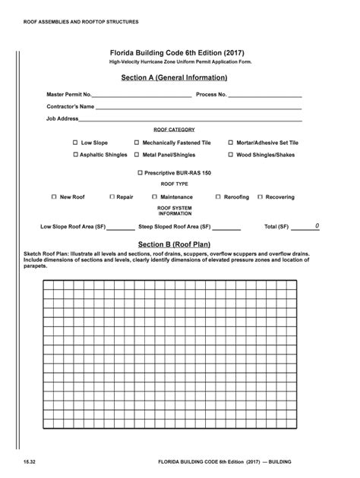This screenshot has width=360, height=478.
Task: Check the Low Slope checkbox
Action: point(75,143)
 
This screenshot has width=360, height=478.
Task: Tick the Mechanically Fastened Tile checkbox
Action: point(137,143)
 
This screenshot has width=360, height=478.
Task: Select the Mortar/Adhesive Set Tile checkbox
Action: point(230,143)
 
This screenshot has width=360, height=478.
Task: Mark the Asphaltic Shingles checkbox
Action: point(75,155)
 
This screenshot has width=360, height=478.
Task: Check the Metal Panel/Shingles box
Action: point(137,155)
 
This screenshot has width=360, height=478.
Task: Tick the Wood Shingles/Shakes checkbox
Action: point(230,155)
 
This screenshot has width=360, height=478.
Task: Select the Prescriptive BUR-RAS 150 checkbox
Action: point(140,173)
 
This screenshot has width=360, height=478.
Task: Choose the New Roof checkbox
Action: point(54,197)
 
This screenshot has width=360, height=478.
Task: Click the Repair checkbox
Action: point(111,197)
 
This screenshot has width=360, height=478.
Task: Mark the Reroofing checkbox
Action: point(218,197)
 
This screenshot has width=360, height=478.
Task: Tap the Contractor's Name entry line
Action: point(197,108)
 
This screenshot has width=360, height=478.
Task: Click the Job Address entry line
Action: point(190,120)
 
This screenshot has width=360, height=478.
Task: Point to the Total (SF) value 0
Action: point(317,226)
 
